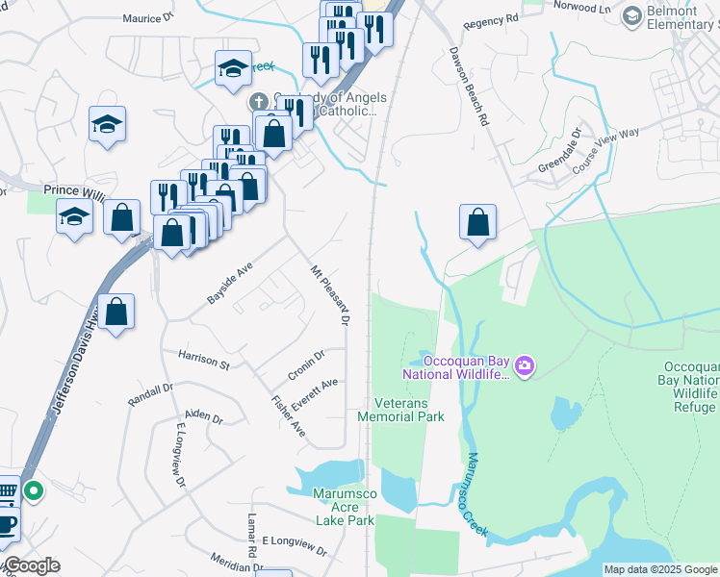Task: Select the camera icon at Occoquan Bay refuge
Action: [525, 364]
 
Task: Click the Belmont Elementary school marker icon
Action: [631, 15]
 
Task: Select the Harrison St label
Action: [203, 360]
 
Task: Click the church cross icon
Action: [258, 101]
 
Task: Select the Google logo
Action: [31, 566]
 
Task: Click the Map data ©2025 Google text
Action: [660, 569]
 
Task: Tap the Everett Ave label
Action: [315, 394]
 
